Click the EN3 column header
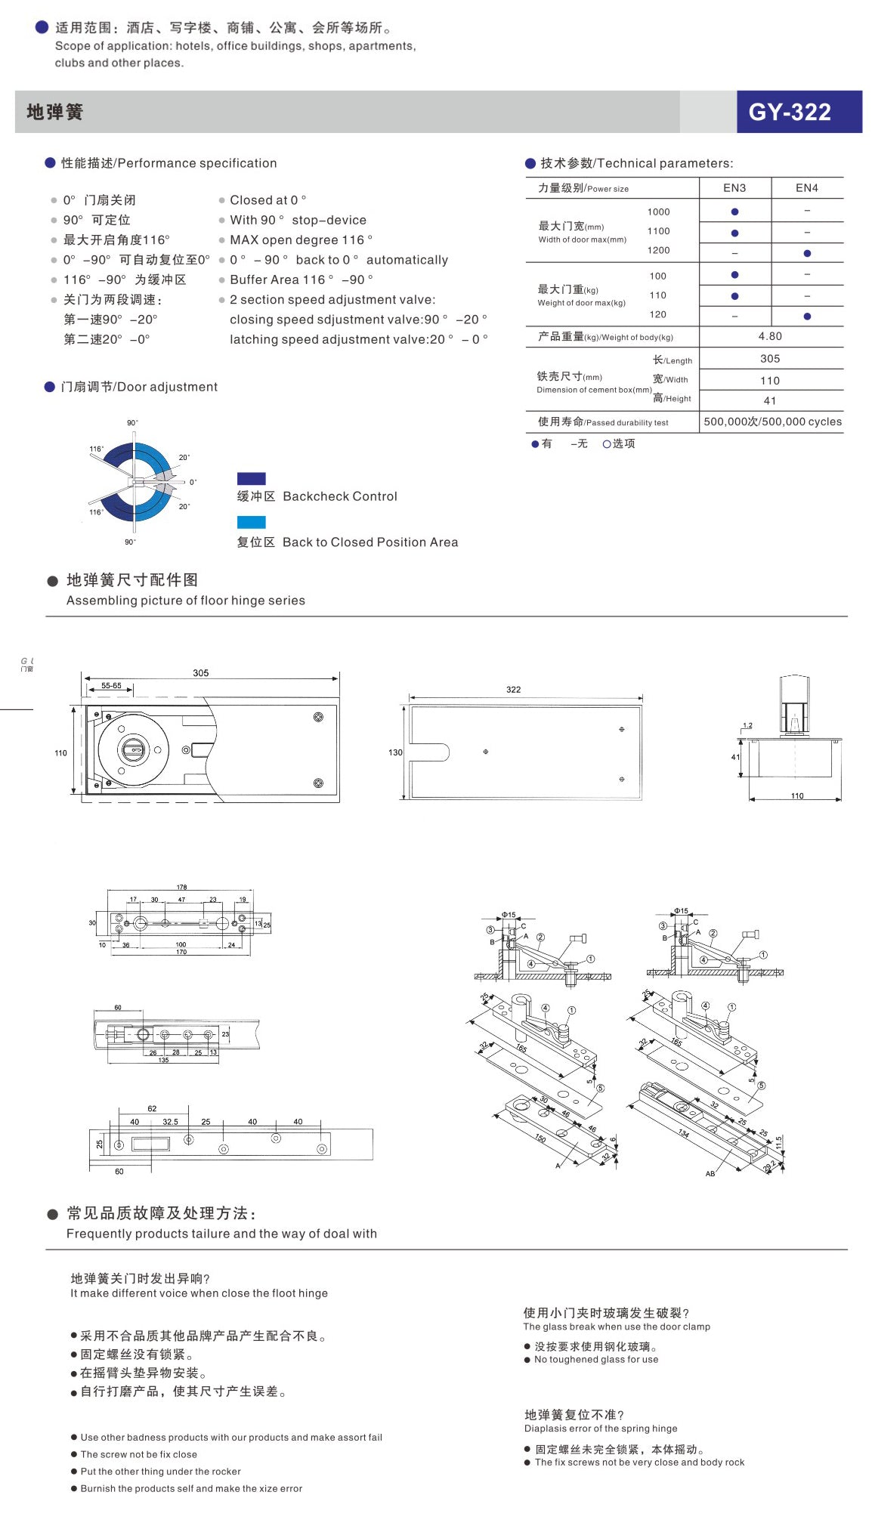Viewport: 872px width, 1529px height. pyautogui.click(x=734, y=188)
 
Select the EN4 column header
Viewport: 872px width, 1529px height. pyautogui.click(x=806, y=188)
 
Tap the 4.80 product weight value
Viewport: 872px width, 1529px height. pyautogui.click(x=770, y=336)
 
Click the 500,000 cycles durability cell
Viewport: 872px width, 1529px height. pyautogui.click(x=772, y=422)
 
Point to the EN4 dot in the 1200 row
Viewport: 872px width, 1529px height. pyautogui.click(x=807, y=253)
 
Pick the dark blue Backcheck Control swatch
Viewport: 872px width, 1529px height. pyautogui.click(x=251, y=478)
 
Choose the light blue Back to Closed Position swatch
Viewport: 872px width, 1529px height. pyautogui.click(x=251, y=522)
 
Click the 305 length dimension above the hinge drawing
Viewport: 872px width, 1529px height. pyautogui.click(x=200, y=672)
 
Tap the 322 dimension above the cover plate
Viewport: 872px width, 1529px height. pyautogui.click(x=513, y=689)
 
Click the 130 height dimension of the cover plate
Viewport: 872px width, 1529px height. pyautogui.click(x=395, y=752)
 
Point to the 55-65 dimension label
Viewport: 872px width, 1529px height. pyautogui.click(x=111, y=685)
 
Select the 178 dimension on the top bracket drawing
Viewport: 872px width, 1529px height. pyautogui.click(x=181, y=887)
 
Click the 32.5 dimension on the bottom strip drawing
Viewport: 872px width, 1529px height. pyautogui.click(x=170, y=1122)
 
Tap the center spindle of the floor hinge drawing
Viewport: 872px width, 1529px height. pyautogui.click(x=137, y=749)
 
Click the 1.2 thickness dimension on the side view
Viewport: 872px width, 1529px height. pyautogui.click(x=747, y=725)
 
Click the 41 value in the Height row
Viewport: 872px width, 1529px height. pyautogui.click(x=770, y=400)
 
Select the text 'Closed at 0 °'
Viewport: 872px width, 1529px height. pyautogui.click(x=267, y=200)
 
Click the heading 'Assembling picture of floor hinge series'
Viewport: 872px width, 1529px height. pyautogui.click(x=186, y=601)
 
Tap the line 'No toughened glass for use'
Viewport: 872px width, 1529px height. pyautogui.click(x=595, y=1359)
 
